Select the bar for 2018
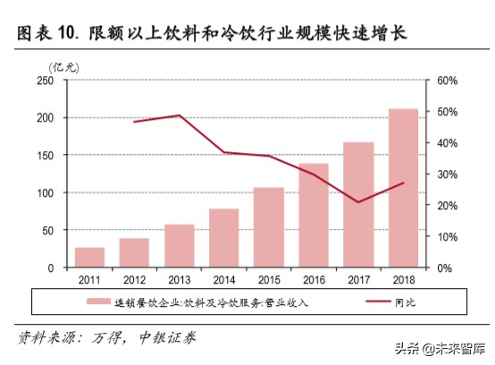[402, 188]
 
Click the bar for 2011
[89, 258]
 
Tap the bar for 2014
[223, 238]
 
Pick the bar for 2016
[313, 215]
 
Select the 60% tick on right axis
[446, 81]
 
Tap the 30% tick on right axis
[446, 174]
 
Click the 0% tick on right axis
[443, 268]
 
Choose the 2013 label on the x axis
[179, 280]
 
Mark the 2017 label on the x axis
[357, 280]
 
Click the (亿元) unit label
[63, 65]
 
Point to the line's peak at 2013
[179, 115]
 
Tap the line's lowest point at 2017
[357, 202]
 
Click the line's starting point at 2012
[134, 122]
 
